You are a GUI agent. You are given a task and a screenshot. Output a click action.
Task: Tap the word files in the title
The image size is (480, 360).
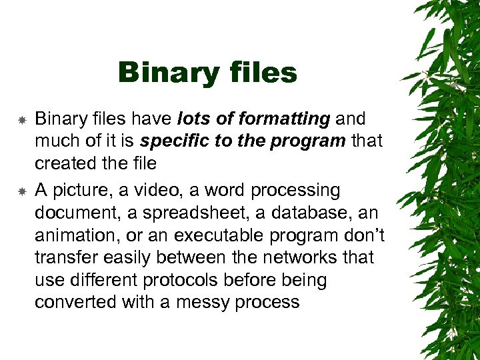click(257, 73)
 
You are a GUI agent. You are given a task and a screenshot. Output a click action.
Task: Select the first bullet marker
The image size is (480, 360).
click(21, 121)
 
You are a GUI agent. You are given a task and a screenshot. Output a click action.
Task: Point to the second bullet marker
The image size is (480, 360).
click(21, 192)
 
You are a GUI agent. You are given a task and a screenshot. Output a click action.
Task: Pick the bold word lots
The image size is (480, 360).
click(193, 119)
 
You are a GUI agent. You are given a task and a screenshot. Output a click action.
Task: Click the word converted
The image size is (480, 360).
click(75, 303)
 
